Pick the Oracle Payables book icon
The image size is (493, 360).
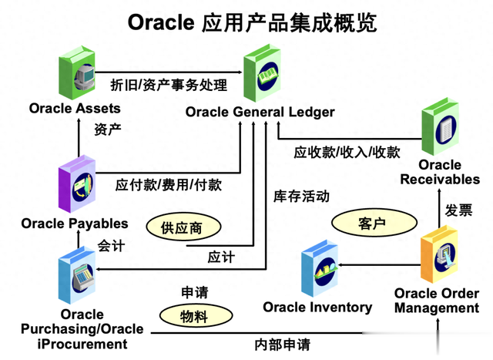click(78, 186)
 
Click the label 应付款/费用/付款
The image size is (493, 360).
click(169, 185)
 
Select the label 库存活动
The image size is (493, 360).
click(301, 196)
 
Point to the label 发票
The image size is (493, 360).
click(459, 210)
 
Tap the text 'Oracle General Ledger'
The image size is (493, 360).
click(260, 113)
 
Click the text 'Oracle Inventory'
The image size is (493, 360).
click(317, 307)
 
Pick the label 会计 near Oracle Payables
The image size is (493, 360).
click(111, 246)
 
